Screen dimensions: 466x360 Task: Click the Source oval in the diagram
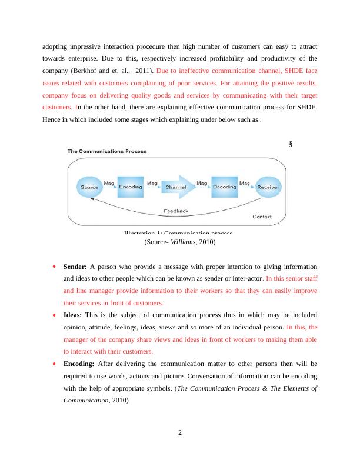click(89, 187)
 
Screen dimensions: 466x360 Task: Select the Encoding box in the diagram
click(131, 187)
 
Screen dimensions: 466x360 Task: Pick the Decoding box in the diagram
click(224, 187)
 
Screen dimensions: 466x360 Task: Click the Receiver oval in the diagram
click(268, 187)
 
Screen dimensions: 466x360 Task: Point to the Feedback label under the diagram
click(176, 211)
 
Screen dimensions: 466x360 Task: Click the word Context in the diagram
click(262, 217)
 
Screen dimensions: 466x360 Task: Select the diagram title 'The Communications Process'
click(107, 151)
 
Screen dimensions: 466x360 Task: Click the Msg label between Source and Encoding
click(109, 183)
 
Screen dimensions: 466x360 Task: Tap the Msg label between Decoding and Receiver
click(245, 183)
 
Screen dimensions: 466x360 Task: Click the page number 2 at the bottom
click(180, 434)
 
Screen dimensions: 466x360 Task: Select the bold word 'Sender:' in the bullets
click(75, 267)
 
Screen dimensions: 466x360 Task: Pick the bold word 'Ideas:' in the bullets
click(73, 315)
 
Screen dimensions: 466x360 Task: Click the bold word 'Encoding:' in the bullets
click(79, 364)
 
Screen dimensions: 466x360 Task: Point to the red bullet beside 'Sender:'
click(55, 267)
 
